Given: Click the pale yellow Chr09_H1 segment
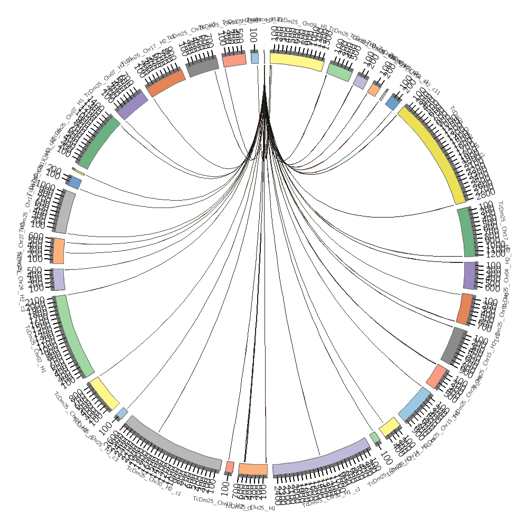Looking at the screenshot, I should (296, 60).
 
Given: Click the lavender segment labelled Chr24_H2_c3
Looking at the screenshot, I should (58, 278).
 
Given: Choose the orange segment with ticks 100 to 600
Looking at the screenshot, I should (59, 251).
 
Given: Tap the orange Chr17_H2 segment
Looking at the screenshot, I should (165, 83).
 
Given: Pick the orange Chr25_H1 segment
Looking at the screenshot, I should (253, 469).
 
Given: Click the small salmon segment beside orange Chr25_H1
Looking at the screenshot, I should (230, 467).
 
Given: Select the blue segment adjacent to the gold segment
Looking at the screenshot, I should (392, 102).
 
